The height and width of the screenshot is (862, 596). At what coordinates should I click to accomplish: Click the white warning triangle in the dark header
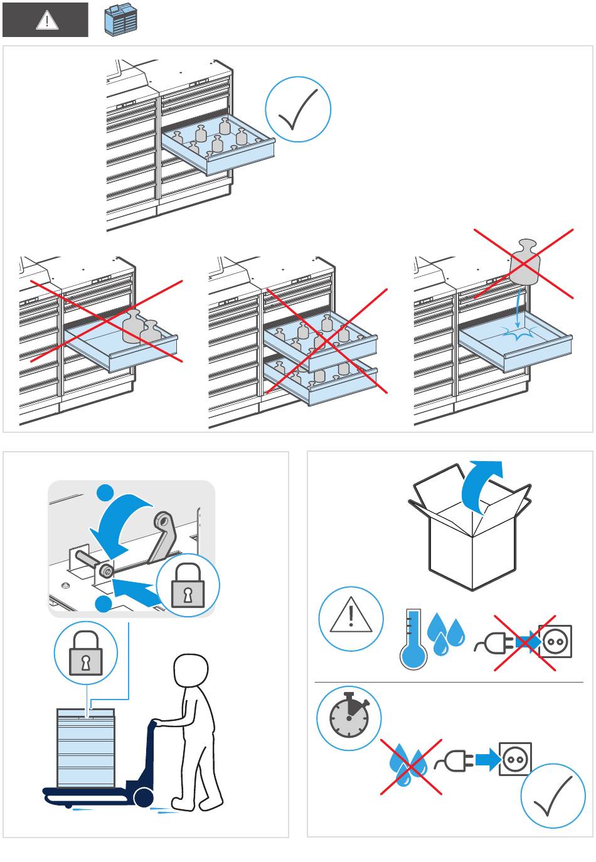46,20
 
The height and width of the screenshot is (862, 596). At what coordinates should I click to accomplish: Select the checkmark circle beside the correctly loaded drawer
298,109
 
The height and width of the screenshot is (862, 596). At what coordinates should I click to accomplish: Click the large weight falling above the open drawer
524,262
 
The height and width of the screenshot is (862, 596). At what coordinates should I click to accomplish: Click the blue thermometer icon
413,639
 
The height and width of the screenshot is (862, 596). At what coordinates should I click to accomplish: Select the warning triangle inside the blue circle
351,618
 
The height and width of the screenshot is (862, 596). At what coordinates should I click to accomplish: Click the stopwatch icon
349,718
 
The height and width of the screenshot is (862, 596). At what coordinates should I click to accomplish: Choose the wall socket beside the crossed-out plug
555,642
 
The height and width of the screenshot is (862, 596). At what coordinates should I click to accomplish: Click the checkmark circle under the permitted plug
553,795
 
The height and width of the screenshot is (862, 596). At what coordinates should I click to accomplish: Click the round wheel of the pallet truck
143,797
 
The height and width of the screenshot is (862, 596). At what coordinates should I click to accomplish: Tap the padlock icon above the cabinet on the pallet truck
85,656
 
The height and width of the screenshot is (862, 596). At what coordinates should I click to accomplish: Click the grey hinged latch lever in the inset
161,534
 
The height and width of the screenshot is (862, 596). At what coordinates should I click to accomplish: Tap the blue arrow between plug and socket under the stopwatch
487,760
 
